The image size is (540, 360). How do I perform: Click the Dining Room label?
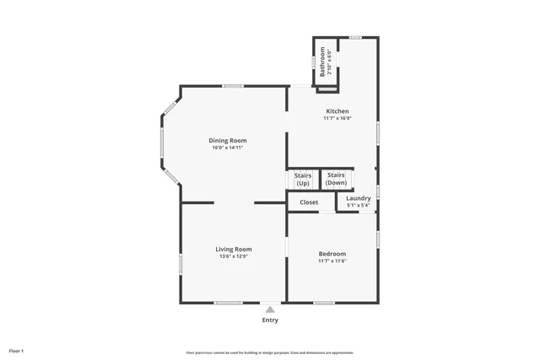tap(229, 140)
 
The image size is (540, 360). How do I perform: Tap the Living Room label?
tap(233, 249)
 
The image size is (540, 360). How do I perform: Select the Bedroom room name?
tap(332, 254)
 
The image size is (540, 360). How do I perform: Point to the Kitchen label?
tap(337, 111)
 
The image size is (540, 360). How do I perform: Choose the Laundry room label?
tap(359, 198)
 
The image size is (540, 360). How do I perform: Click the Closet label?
tap(309, 202)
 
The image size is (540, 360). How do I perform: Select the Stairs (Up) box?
tap(303, 180)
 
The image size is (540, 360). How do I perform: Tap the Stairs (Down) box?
tap(336, 179)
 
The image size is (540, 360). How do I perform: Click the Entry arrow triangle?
tap(270, 309)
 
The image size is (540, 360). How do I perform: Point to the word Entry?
tap(270, 320)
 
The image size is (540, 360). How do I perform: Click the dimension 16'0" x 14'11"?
tap(229, 148)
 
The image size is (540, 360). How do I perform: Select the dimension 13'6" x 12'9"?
tap(233, 256)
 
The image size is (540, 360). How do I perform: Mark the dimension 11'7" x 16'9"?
tap(337, 119)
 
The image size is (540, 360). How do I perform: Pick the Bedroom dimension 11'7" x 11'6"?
tap(332, 261)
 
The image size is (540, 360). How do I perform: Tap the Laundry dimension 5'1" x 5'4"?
tap(359, 205)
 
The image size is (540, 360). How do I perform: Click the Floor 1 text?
tap(17, 350)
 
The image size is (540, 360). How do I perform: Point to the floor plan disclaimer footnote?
tap(270, 352)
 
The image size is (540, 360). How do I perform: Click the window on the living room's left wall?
tap(181, 263)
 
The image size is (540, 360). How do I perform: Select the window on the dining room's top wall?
tap(233, 85)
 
